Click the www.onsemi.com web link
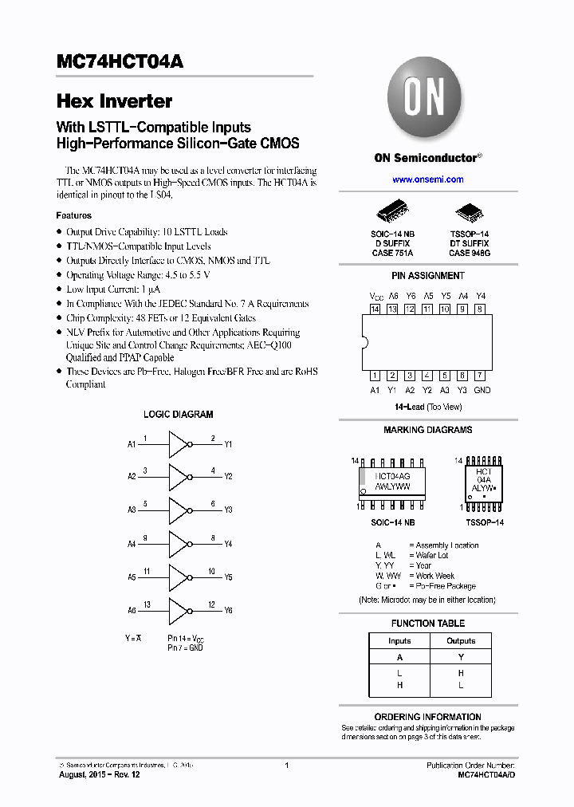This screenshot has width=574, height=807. (428, 179)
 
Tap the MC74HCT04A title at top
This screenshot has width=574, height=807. (120, 62)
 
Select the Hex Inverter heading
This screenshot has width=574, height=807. (114, 101)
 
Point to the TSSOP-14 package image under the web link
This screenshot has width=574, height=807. (467, 212)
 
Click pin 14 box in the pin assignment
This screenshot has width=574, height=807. (375, 309)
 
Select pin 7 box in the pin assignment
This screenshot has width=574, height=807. (480, 375)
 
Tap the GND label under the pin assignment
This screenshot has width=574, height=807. (482, 390)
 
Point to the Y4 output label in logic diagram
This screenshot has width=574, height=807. (228, 544)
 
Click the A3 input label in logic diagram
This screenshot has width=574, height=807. (132, 510)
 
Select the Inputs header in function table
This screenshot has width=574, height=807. (399, 640)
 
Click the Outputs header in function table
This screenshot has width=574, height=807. (461, 640)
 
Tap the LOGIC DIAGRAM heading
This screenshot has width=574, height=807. (178, 415)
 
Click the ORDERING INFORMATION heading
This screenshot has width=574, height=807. (427, 717)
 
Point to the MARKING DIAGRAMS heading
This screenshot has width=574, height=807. (427, 430)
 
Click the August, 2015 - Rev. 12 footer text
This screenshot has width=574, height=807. (99, 775)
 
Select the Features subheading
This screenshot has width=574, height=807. (73, 215)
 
